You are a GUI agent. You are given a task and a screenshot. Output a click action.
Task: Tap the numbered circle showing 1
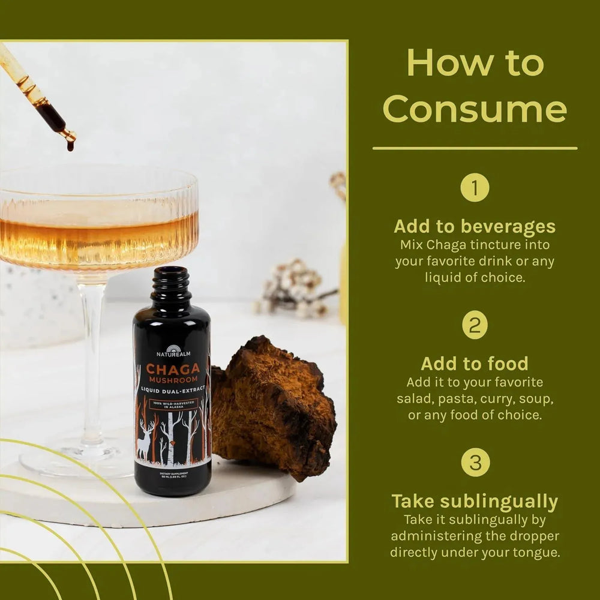(475, 188)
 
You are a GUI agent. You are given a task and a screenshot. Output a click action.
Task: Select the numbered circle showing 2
(475, 325)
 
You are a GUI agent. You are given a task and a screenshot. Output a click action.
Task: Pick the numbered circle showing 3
(475, 463)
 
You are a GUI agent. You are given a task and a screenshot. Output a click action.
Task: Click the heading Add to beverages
(475, 227)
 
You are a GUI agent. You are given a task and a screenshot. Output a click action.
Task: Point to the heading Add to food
(475, 364)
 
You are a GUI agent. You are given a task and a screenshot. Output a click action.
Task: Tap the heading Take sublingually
(475, 502)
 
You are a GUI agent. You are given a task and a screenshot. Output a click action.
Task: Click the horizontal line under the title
(475, 148)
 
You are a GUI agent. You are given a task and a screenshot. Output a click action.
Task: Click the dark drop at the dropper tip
(70, 145)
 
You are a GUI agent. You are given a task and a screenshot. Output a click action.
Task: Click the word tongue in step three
(537, 553)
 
